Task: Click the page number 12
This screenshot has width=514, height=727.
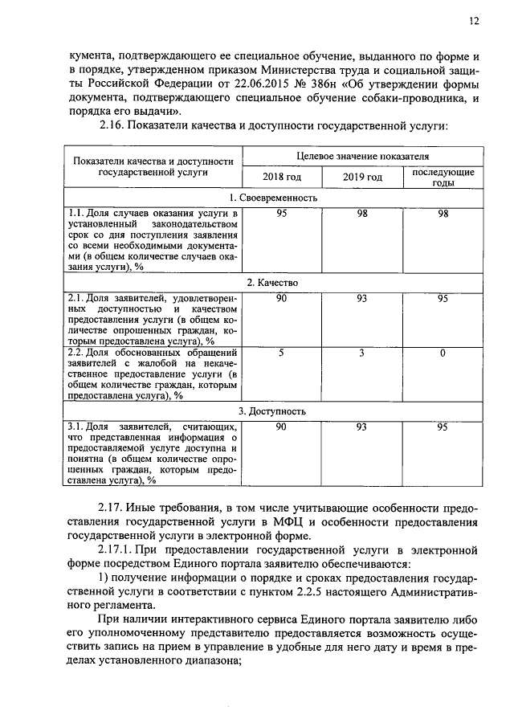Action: point(474,22)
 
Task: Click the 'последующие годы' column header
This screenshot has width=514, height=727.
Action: point(443,178)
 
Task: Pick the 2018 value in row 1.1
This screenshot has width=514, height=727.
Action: point(281,213)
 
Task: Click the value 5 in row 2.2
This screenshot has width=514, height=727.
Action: point(281,352)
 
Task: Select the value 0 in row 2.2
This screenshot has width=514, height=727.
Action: point(443,352)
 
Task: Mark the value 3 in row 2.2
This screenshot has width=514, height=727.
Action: point(362,352)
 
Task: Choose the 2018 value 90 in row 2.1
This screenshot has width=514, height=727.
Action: point(281,298)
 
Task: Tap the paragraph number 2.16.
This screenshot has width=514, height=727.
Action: point(113,125)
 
